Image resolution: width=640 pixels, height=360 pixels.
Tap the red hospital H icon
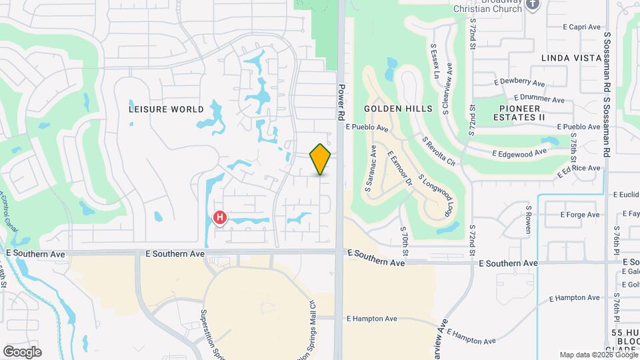coord(219,217)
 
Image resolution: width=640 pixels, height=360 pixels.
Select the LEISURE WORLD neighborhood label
coord(167,109)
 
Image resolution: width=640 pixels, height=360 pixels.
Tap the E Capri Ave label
coord(582,27)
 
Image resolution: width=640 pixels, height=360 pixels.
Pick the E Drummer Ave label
coord(539,99)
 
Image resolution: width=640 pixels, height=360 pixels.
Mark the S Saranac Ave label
coord(371,170)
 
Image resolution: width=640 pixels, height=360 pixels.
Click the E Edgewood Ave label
coord(519,153)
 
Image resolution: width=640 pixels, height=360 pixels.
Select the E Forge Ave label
coord(580,215)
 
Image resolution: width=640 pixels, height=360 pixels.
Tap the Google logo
coord(22,351)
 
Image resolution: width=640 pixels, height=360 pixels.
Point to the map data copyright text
coord(598,355)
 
